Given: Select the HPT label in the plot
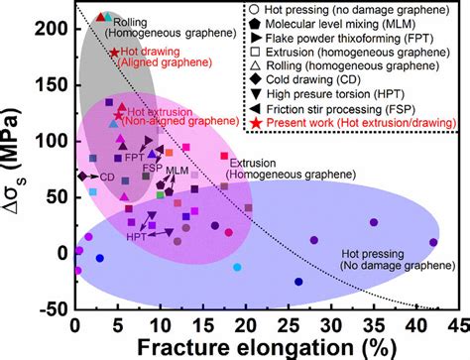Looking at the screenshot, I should (x=138, y=238).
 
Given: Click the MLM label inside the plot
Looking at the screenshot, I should (x=177, y=171).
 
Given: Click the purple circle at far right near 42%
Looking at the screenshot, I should (x=433, y=242).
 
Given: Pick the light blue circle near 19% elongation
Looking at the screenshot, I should (x=236, y=267).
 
